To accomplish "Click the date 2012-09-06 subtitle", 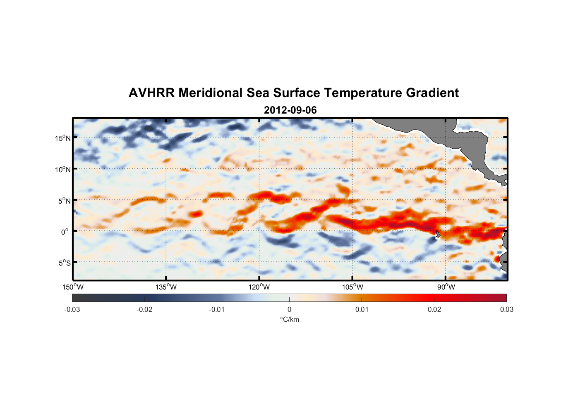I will pyautogui.click(x=290, y=110).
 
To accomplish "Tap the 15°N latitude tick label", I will pyautogui.click(x=63, y=138).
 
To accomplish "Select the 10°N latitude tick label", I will pyautogui.click(x=63, y=169).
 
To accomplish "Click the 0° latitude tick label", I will pyautogui.click(x=65, y=232).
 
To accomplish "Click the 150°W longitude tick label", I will pyautogui.click(x=73, y=287).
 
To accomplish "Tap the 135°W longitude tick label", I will pyautogui.click(x=166, y=287).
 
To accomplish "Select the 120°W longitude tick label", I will pyautogui.click(x=259, y=287).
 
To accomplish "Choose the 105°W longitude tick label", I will pyautogui.click(x=352, y=287).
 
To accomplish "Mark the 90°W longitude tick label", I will pyautogui.click(x=446, y=287).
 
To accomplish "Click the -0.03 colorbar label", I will pyautogui.click(x=72, y=310).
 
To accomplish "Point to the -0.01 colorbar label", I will pyautogui.click(x=217, y=310).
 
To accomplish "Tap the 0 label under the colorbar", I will pyautogui.click(x=289, y=310).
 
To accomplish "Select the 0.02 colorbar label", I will pyautogui.click(x=434, y=310).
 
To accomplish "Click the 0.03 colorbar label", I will pyautogui.click(x=506, y=310).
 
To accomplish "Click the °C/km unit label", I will pyautogui.click(x=289, y=319).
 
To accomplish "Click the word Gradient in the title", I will pyautogui.click(x=432, y=93).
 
